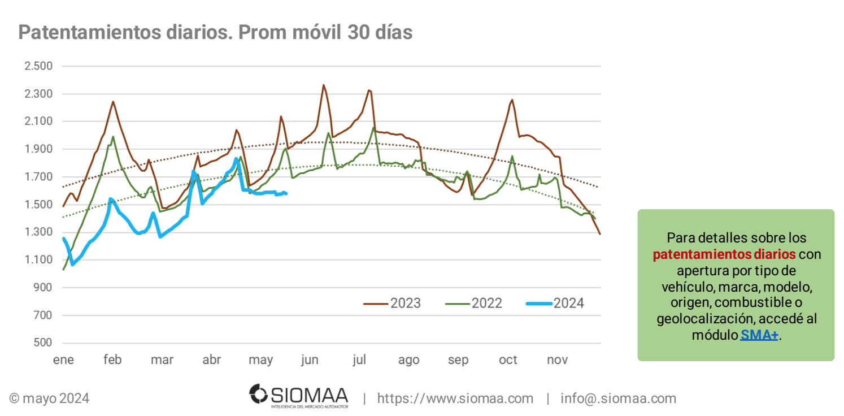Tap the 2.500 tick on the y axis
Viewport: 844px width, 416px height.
[38, 66]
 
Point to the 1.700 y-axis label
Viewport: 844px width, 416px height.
[38, 177]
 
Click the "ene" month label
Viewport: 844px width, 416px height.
[63, 360]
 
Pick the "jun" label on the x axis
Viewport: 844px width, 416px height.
[310, 360]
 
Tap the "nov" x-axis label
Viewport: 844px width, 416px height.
[558, 360]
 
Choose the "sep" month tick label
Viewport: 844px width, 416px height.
[458, 360]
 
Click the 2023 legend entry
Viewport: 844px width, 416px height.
[392, 304]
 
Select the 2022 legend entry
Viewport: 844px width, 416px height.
[473, 304]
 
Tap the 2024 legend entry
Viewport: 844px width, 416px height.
[555, 304]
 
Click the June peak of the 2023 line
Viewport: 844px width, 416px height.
[323, 85]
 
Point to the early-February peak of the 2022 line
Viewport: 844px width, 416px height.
[113, 136]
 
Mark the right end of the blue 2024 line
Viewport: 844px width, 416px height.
[286, 194]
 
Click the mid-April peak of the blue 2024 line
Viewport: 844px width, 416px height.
[237, 159]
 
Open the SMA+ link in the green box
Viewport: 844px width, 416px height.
[759, 335]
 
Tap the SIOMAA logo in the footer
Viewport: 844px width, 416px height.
[299, 395]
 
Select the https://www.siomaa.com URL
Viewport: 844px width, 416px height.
[455, 398]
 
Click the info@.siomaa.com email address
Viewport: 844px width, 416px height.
[618, 398]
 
